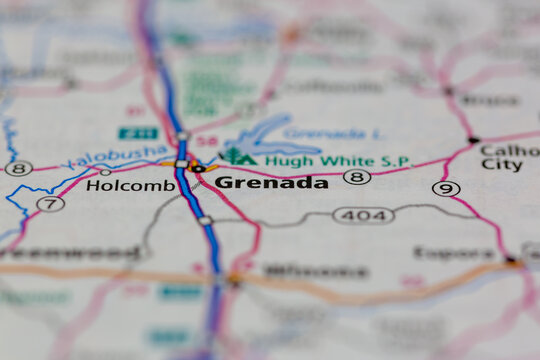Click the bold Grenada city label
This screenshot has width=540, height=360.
pyautogui.click(x=271, y=183)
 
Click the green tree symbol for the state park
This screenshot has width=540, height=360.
pyautogui.click(x=235, y=156)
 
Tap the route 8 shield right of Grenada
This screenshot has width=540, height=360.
pyautogui.click(x=356, y=177)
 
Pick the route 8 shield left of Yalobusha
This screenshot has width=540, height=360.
pyautogui.click(x=18, y=168)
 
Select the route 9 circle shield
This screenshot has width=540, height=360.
pyautogui.click(x=446, y=188)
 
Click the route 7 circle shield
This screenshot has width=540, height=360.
pyautogui.click(x=50, y=204)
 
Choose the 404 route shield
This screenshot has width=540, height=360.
pyautogui.click(x=363, y=215)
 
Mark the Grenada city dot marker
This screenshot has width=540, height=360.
pyautogui.click(x=197, y=168)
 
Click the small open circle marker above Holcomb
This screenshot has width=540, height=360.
pyautogui.click(x=105, y=172)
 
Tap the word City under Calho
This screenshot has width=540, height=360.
pyautogui.click(x=501, y=165)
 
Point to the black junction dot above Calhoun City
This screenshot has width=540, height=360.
pyautogui.click(x=473, y=140)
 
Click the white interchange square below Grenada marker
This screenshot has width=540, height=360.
pyautogui.click(x=204, y=220)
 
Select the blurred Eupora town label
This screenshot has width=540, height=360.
pyautogui.click(x=454, y=253)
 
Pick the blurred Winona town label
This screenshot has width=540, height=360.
pyautogui.click(x=316, y=271)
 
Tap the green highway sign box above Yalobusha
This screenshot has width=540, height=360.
pyautogui.click(x=137, y=133)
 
